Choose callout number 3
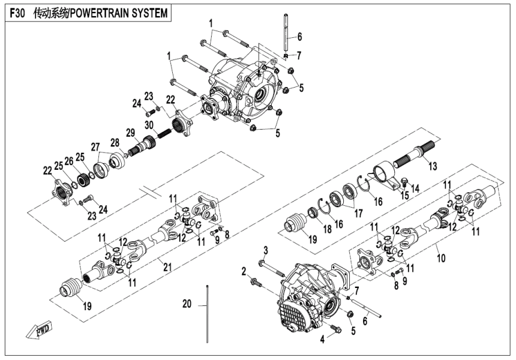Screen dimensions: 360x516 pos(266,249)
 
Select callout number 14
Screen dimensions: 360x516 pos(415,188)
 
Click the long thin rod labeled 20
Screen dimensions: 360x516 pos(207,312)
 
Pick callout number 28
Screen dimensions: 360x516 pos(114,142)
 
